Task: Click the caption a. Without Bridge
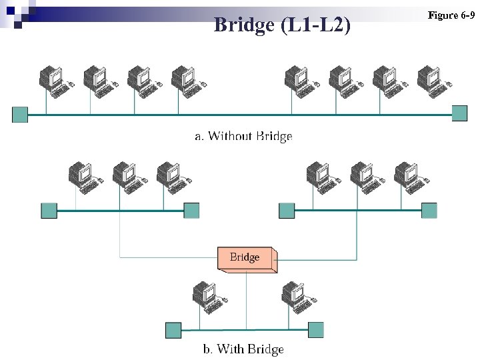[x=243, y=136]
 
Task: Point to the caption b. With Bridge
[x=243, y=349]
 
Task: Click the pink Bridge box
[x=245, y=257]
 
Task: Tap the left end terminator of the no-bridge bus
[x=20, y=114]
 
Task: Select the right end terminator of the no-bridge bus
[x=459, y=113]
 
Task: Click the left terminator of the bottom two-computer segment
[x=173, y=330]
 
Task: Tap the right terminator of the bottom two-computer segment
[x=315, y=329]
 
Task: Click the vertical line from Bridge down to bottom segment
[x=246, y=300]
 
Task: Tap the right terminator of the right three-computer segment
[x=429, y=211]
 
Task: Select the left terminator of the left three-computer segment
[x=49, y=211]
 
